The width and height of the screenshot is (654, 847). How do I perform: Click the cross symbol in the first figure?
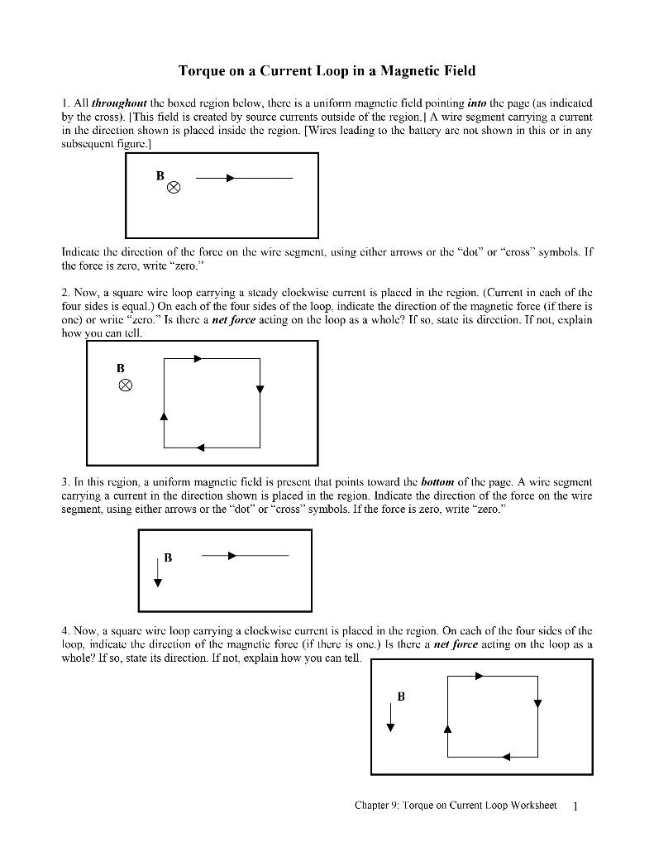click(174, 189)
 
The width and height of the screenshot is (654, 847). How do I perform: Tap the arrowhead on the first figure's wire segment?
click(230, 178)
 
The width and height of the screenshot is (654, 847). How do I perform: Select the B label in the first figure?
click(160, 175)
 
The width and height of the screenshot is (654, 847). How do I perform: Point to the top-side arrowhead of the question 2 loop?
click(197, 358)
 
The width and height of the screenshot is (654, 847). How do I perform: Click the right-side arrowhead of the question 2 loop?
click(260, 390)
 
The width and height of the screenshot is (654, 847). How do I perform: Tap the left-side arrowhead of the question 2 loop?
click(164, 415)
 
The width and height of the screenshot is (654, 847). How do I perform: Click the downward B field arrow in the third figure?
click(157, 571)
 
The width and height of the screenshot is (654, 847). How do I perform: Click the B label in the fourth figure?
click(401, 696)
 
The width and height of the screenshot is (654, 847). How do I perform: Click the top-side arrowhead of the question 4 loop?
click(479, 676)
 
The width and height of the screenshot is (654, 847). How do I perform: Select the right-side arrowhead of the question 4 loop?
click(537, 704)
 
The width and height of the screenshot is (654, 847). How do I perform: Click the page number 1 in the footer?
click(575, 806)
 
